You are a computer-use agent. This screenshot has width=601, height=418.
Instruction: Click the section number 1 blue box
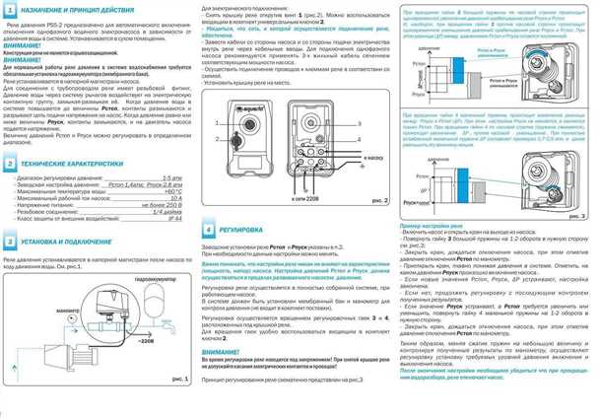(8, 8)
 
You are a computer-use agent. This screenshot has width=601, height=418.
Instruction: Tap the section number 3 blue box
(8, 239)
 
